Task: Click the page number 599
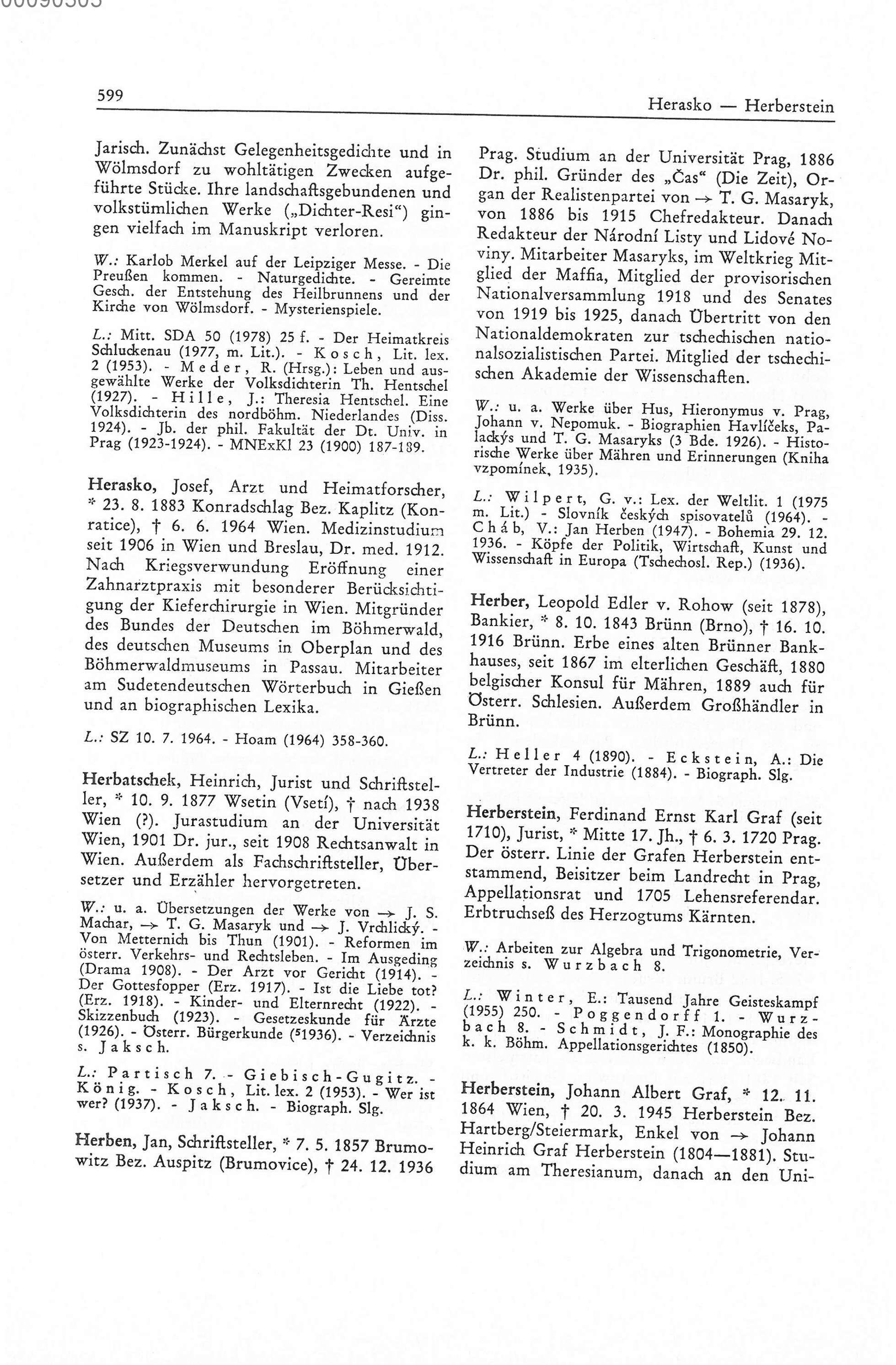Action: point(110,95)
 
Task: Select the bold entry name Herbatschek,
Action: point(133,781)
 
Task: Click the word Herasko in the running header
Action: point(679,105)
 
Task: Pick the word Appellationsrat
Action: point(524,895)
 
